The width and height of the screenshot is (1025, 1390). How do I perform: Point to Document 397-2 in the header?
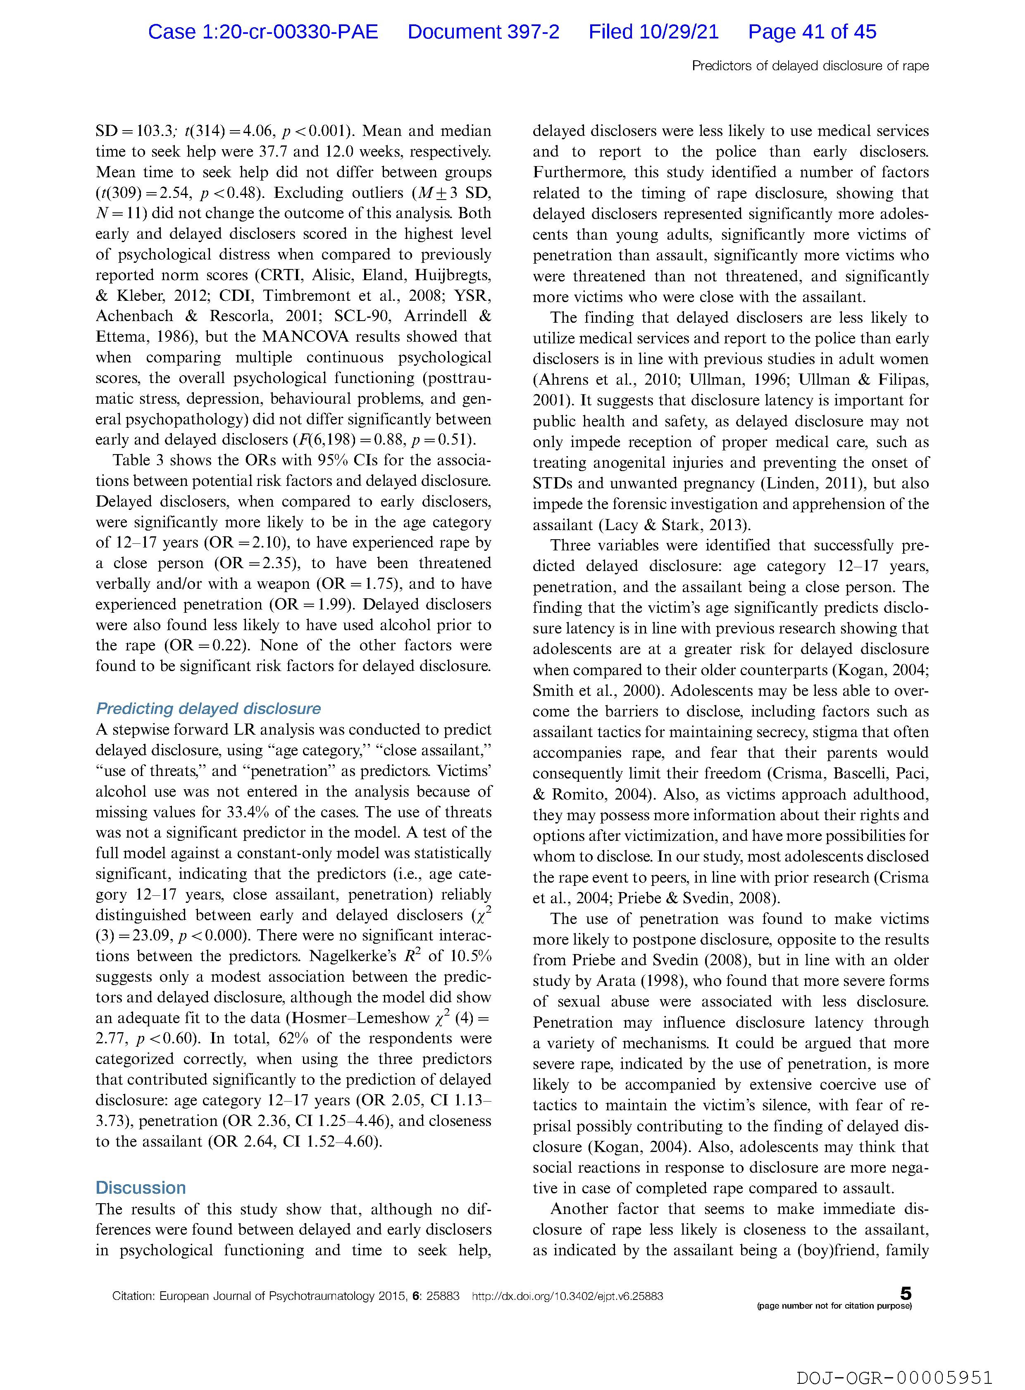(483, 32)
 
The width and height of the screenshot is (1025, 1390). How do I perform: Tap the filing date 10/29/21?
(653, 32)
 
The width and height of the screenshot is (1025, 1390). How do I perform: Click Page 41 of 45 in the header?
(812, 32)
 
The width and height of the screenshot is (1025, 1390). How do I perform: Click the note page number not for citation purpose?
(834, 1306)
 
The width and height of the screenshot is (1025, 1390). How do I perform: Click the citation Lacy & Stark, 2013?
(674, 525)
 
